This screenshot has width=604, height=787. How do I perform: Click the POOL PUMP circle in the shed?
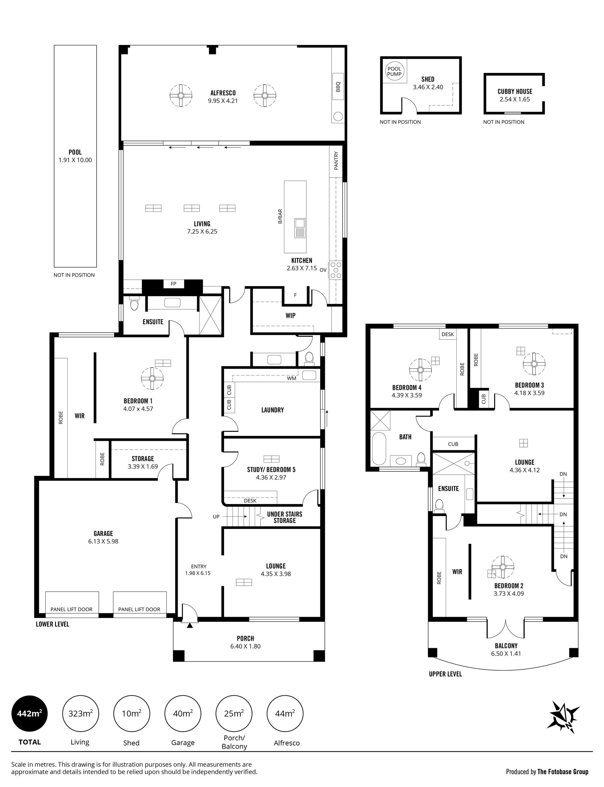394,71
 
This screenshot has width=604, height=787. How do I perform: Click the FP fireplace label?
174,284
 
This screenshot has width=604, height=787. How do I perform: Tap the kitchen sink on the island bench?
299,228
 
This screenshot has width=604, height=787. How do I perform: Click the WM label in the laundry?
292,378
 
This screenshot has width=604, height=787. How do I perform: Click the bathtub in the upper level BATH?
378,449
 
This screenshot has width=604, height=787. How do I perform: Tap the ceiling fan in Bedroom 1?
152,379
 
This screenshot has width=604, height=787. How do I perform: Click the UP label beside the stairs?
216,517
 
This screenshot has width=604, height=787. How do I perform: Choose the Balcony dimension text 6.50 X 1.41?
506,654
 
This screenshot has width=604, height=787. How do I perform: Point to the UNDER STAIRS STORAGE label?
285,517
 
